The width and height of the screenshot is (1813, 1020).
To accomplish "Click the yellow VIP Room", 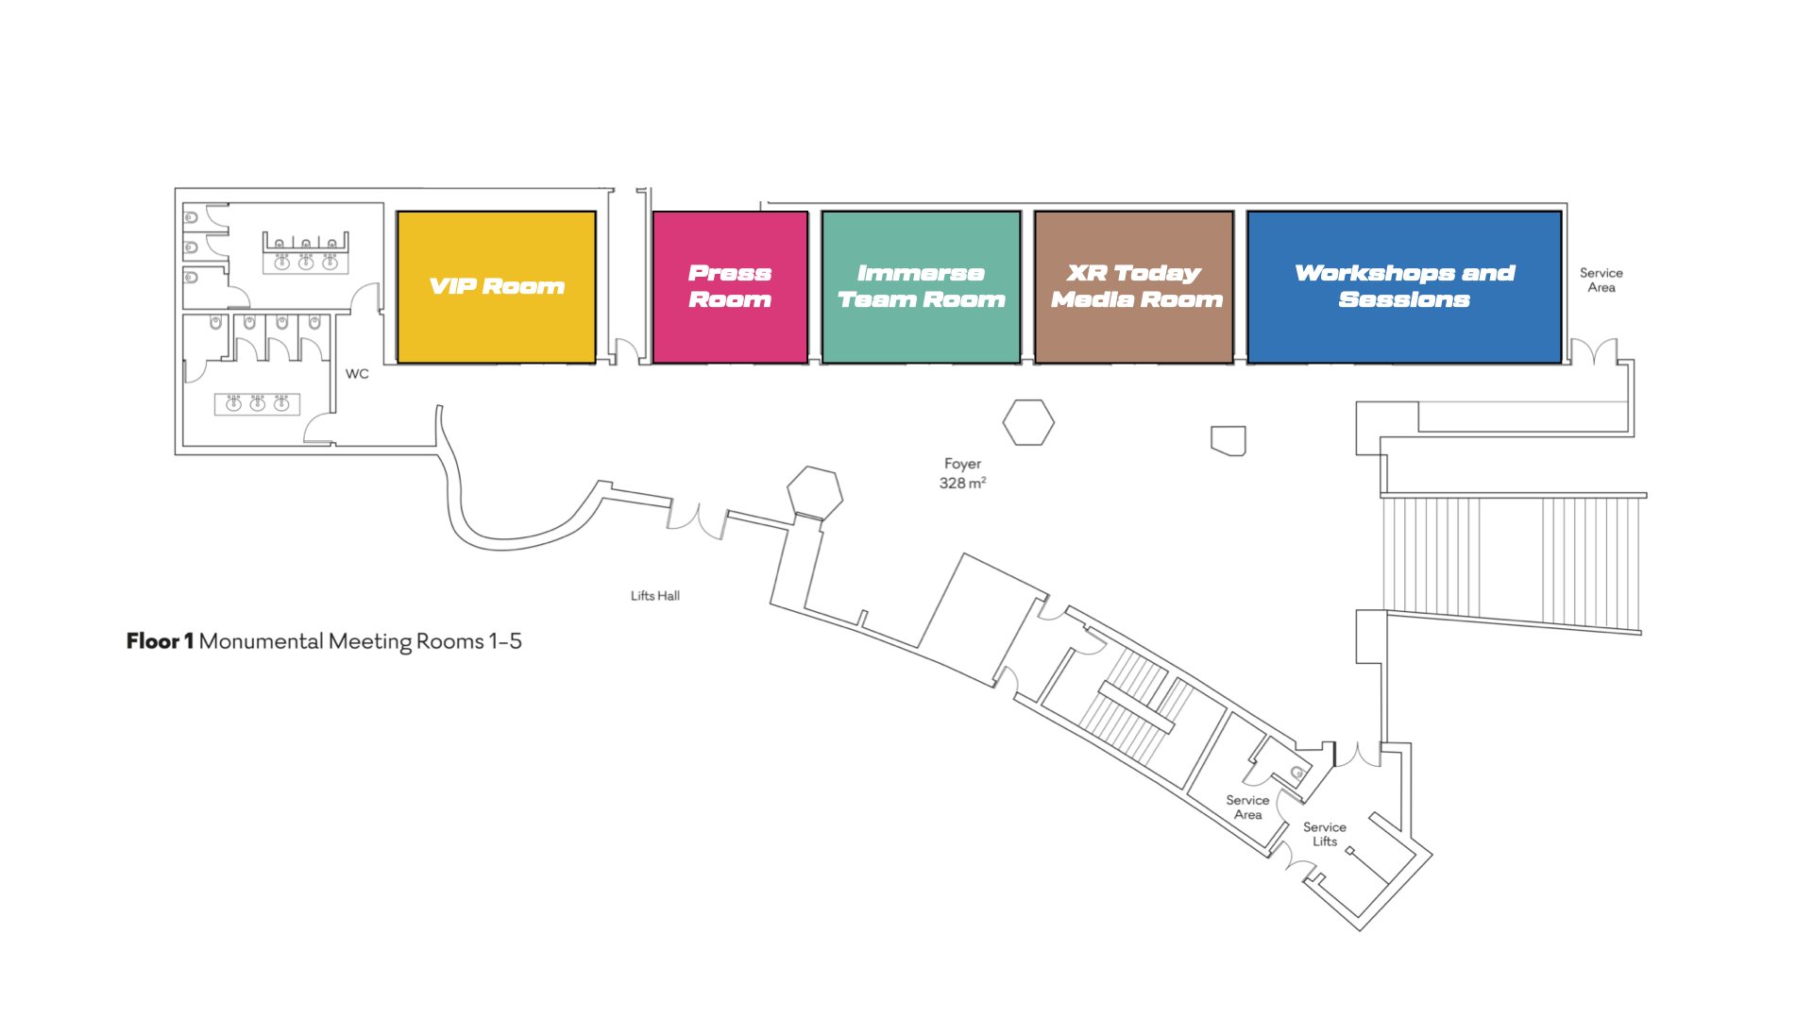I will [496, 287].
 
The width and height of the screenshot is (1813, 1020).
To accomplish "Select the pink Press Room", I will [730, 287].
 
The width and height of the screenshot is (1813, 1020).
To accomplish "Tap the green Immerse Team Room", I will [921, 287].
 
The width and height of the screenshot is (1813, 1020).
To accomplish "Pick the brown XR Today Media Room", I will [1134, 287].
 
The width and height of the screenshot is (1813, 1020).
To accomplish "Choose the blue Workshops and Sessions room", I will [1404, 287].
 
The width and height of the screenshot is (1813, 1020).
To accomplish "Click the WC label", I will [357, 374].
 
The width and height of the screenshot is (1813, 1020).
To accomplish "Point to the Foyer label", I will [962, 464].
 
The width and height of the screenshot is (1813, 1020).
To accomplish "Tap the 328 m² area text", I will [962, 484].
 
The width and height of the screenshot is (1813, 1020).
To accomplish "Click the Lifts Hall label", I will [654, 596].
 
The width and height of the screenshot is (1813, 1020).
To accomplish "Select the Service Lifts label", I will [1325, 834].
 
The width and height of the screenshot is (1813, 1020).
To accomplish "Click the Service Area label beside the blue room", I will [1601, 280].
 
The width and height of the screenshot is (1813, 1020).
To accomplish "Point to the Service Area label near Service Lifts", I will [1247, 807].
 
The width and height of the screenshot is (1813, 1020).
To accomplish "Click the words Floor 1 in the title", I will [160, 641].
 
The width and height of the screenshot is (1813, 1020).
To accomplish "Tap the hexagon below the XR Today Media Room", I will [1028, 422].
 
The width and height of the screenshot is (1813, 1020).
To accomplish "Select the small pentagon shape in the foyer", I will [1228, 440].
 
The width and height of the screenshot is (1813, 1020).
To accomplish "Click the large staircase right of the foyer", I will [1511, 559].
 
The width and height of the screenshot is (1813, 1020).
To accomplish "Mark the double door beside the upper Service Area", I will [1594, 352].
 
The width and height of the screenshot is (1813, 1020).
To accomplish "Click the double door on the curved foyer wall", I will [697, 519].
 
